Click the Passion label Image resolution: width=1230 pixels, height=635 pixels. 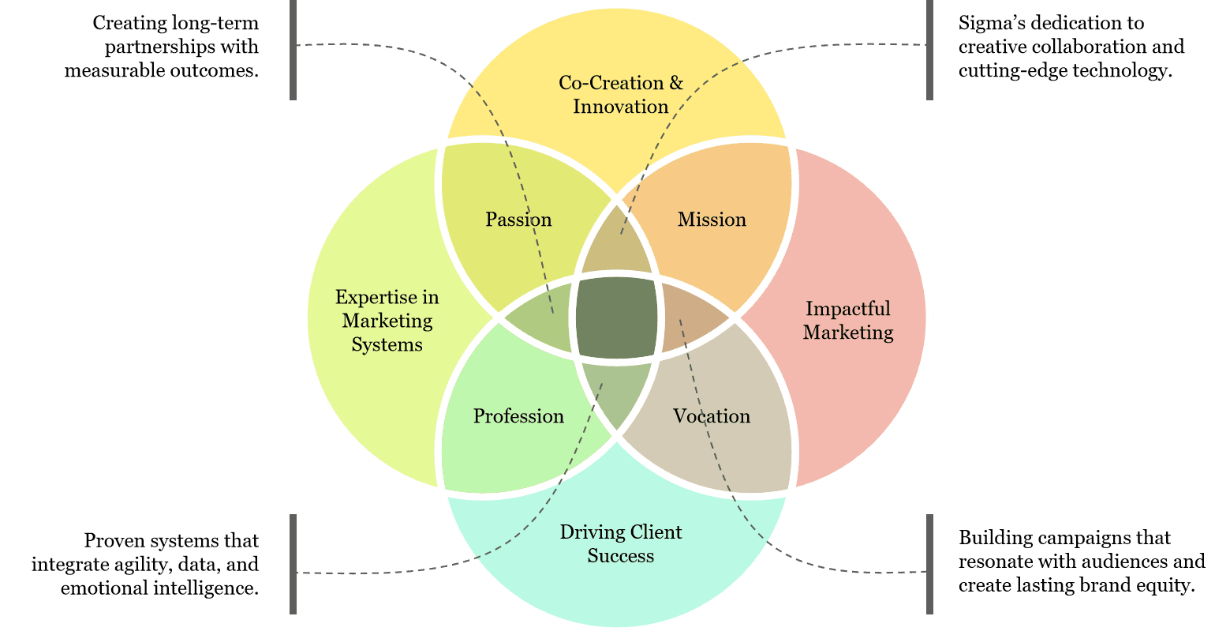(518, 220)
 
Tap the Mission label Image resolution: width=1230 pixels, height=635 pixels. (712, 220)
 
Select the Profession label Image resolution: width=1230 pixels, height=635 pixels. (518, 416)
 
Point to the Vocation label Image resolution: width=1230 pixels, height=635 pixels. (712, 416)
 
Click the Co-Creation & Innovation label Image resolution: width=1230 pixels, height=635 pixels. (621, 95)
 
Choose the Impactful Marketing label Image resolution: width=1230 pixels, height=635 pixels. (848, 321)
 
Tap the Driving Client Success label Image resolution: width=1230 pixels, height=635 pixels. (621, 544)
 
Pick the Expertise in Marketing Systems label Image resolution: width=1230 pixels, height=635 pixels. (387, 321)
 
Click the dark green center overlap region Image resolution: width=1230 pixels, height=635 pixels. (616, 317)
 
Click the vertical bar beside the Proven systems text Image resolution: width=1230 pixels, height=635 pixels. (293, 564)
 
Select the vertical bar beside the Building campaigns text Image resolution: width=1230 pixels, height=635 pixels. (929, 564)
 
